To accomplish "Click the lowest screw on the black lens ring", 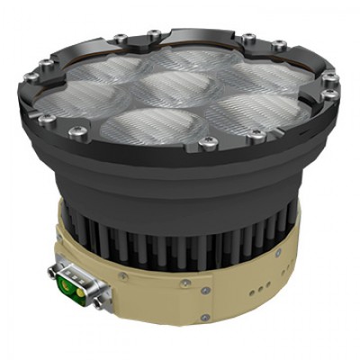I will click(209, 143).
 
